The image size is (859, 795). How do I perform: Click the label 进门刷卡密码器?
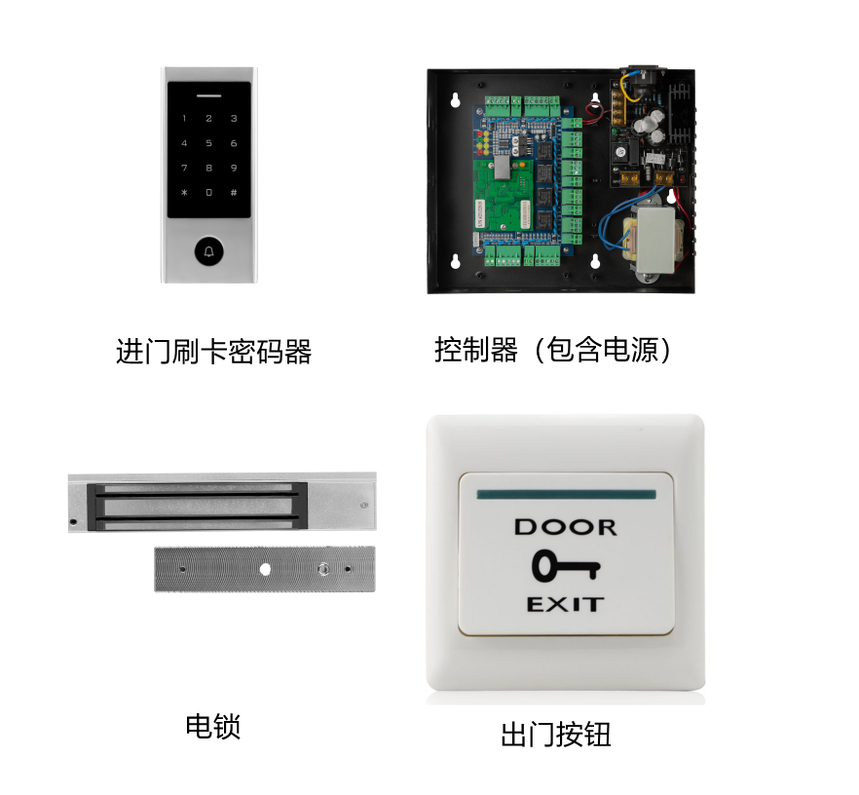213,351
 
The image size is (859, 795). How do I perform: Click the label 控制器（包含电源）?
552,350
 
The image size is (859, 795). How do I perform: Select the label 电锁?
212,726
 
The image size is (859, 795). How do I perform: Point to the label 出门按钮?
555,734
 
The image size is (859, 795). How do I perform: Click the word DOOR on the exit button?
565,527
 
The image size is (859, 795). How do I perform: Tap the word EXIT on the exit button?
565,604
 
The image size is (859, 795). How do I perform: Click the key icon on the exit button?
565,565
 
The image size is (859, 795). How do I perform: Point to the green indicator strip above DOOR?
566,495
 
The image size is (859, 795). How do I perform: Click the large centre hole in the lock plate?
264,569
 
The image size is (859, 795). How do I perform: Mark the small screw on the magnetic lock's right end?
362,506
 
